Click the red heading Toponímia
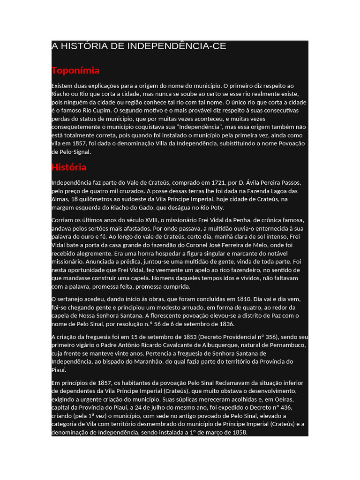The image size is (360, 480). pyautogui.click(x=75, y=71)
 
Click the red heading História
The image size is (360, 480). pyautogui.click(x=69, y=167)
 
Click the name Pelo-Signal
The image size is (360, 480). pyautogui.click(x=74, y=152)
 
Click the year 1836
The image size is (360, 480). pyautogui.click(x=226, y=324)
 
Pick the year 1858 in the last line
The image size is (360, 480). pyautogui.click(x=240, y=432)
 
